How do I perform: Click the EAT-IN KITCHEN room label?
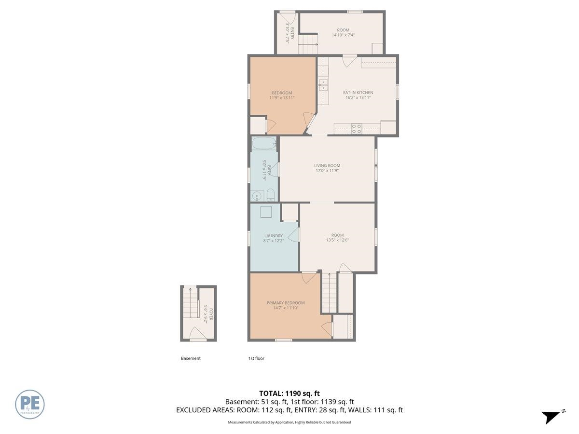[358, 93]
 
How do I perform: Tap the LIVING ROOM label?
[327, 165]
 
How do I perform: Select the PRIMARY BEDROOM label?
[286, 303]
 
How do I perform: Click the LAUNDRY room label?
[273, 235]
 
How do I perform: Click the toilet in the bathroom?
[271, 195]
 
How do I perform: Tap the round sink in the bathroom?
[257, 196]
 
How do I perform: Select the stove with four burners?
[357, 129]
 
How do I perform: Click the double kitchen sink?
[323, 85]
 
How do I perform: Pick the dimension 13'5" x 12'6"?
[337, 240]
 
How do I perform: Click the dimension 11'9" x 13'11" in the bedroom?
[282, 97]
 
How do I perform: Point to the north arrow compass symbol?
[551, 416]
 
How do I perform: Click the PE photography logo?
[30, 404]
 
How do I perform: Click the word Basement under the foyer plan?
[191, 358]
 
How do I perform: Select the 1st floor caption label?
[256, 358]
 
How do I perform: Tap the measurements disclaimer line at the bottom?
[289, 422]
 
